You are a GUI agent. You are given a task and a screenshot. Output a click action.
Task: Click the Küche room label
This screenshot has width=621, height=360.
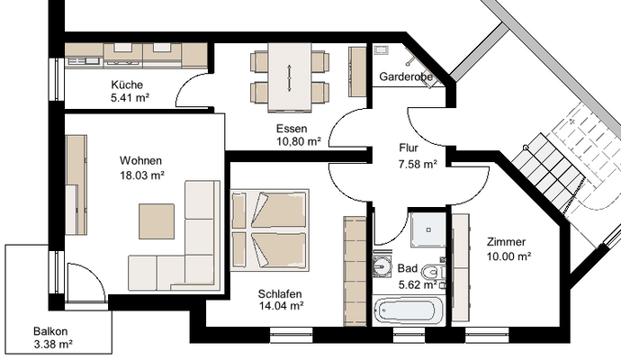click(x=127, y=85)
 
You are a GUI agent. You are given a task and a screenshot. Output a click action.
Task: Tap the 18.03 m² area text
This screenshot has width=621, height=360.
click(x=142, y=175)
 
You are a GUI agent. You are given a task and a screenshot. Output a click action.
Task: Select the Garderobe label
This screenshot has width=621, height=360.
click(x=406, y=76)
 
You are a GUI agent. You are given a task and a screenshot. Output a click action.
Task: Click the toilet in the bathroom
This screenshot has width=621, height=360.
click(x=432, y=272)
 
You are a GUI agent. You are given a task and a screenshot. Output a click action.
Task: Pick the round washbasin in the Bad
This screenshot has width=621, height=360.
click(x=382, y=265)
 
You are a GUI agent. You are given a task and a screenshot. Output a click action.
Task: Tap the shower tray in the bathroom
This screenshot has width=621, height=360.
click(x=428, y=229)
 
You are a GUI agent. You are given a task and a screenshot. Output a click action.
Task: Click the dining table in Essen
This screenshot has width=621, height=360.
click(x=290, y=76)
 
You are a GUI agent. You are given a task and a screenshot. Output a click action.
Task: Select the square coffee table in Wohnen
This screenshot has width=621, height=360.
click(x=157, y=221)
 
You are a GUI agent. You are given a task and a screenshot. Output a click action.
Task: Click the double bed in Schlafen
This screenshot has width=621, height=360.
click(x=270, y=229)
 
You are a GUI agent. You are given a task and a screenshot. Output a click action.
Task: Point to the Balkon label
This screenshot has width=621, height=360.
click(x=50, y=331)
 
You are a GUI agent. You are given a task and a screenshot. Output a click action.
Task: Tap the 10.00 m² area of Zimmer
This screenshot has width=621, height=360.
click(x=508, y=256)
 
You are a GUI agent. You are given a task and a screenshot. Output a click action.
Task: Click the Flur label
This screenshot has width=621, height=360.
click(x=409, y=148)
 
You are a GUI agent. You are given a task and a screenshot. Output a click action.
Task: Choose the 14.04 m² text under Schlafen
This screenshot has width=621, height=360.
click(x=282, y=306)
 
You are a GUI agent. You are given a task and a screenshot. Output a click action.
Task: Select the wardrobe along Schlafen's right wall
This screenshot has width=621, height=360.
click(x=355, y=271)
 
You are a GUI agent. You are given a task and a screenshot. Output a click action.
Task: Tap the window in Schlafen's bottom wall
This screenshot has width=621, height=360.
click(x=292, y=335)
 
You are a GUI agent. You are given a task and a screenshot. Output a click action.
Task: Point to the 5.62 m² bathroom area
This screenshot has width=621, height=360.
click(x=418, y=284)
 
